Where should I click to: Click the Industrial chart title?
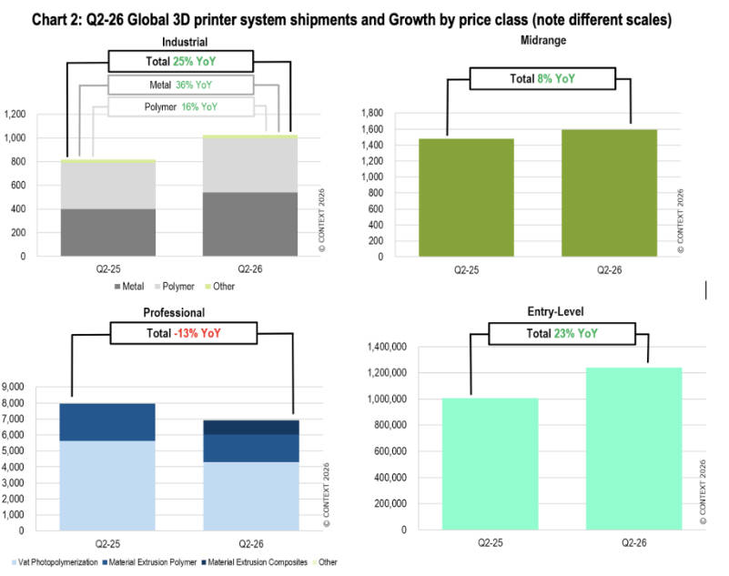tap(185, 42)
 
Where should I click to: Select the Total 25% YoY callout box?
tap(181, 61)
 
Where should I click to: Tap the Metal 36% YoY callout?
tap(181, 85)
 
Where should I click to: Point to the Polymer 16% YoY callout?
tap(181, 107)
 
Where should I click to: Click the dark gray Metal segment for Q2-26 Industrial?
tap(250, 224)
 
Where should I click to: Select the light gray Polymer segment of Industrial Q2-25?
tap(108, 186)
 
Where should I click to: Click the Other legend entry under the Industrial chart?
tap(220, 287)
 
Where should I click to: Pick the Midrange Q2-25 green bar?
tap(466, 197)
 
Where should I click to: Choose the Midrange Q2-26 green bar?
tap(610, 193)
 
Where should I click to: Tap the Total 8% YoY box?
tap(542, 79)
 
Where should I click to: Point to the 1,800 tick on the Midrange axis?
tap(372, 113)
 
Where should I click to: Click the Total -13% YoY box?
tap(184, 333)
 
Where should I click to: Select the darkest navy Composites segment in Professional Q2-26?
tap(251, 428)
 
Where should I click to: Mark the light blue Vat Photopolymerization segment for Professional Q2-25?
tap(107, 486)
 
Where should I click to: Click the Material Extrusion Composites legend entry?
tap(255, 562)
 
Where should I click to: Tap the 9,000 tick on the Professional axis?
tap(13, 387)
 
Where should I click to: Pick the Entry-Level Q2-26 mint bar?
tap(633, 449)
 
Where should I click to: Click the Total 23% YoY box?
tap(562, 334)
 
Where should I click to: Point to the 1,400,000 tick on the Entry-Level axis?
tap(387, 347)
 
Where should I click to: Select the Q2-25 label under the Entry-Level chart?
tap(490, 543)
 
